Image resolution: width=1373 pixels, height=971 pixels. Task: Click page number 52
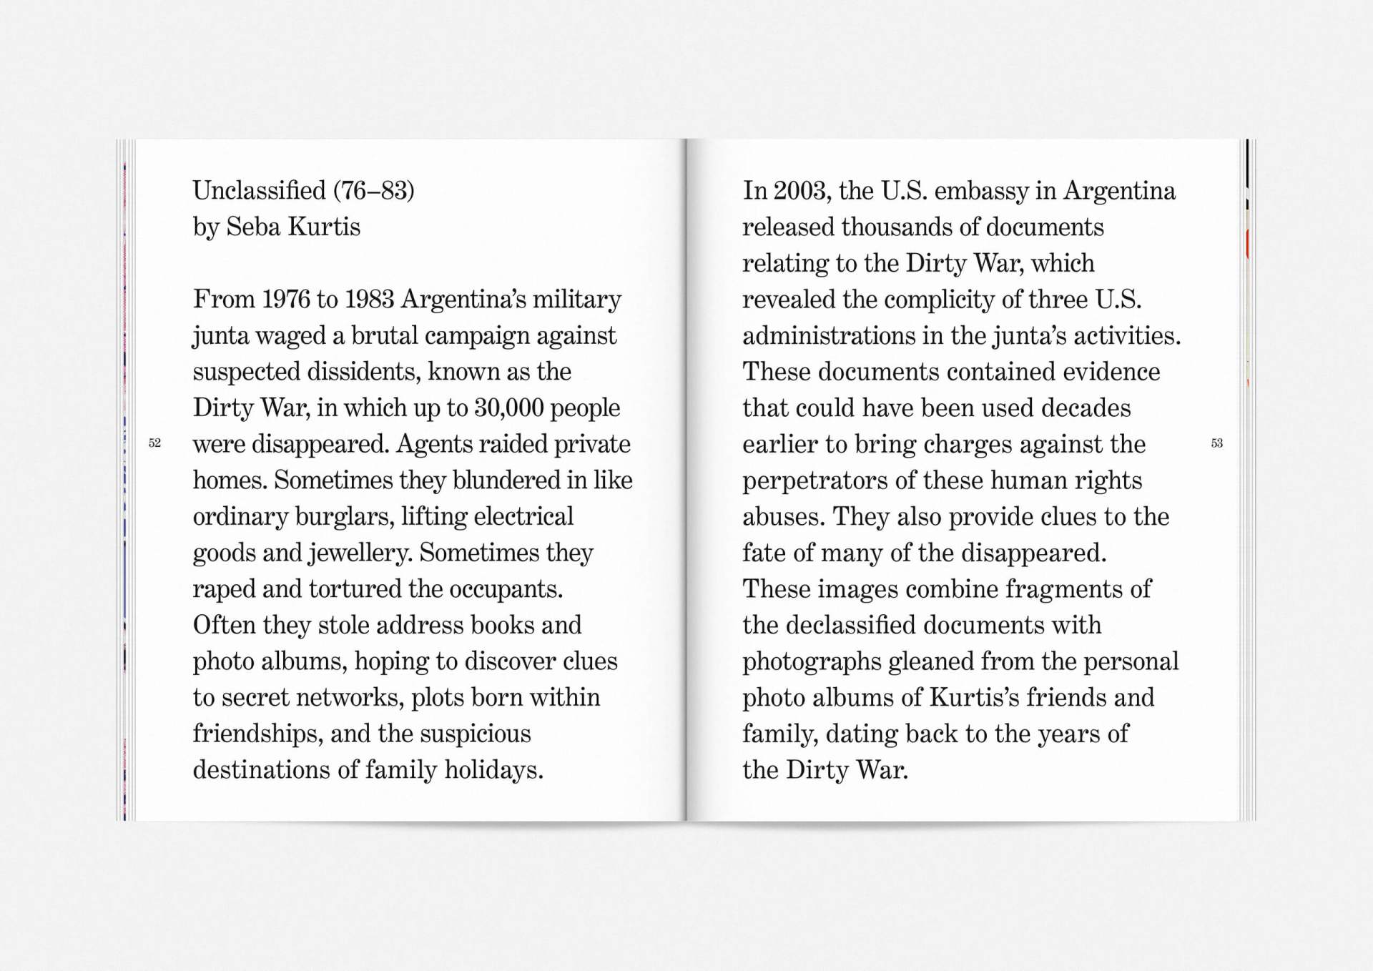154,443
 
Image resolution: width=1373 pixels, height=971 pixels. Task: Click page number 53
1216,443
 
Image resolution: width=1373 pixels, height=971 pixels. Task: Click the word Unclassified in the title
259,191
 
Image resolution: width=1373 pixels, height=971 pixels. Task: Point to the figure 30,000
508,408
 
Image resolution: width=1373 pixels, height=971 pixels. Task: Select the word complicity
940,300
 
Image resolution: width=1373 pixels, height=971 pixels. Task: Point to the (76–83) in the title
374,191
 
